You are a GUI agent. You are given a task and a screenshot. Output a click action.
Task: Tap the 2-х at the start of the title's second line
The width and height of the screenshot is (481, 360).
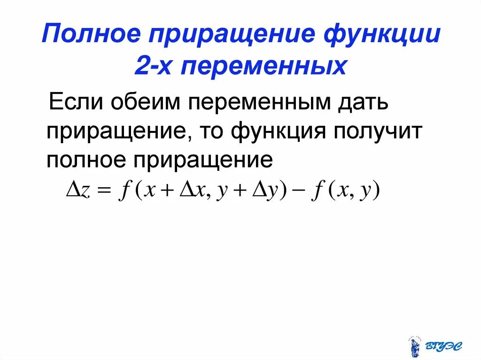[x=151, y=67]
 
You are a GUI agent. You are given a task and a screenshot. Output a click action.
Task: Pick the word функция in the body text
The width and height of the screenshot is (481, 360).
[x=278, y=131]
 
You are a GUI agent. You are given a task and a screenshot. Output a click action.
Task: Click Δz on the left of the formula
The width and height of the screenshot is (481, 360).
[x=77, y=191]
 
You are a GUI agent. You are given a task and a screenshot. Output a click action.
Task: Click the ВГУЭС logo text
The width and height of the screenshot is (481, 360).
[x=444, y=346]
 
